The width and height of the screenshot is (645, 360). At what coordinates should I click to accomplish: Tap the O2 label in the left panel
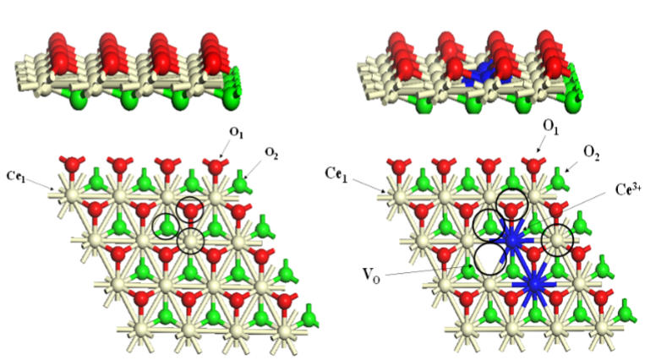(x=271, y=153)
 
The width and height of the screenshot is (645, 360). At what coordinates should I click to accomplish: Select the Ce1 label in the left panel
(x=17, y=175)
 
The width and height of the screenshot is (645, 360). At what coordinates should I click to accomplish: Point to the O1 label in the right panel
(x=551, y=127)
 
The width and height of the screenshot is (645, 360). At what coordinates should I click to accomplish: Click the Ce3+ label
(x=629, y=189)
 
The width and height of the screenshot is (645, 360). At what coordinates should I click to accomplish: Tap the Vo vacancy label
(x=371, y=275)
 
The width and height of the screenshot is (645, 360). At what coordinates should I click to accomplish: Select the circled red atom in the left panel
(x=190, y=210)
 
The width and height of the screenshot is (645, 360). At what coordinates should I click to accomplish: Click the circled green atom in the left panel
(x=166, y=226)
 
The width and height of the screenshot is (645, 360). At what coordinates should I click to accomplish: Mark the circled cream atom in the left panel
(x=190, y=241)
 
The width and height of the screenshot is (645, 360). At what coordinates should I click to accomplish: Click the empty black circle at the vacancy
(x=490, y=259)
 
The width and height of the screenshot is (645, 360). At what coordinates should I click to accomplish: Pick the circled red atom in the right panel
(x=511, y=210)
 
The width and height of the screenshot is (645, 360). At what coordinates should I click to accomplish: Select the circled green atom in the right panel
(x=489, y=225)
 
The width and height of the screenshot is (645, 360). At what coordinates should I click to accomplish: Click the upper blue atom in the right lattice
(x=512, y=239)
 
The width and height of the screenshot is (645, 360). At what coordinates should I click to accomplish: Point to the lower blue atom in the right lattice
(x=535, y=284)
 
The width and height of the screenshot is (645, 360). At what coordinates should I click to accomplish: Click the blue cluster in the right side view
(x=481, y=74)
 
